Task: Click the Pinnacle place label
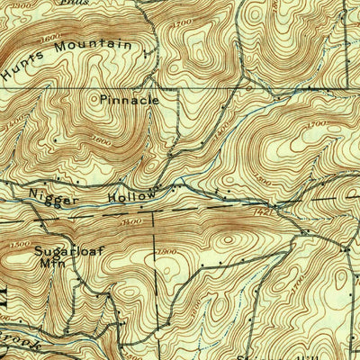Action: click(130, 101)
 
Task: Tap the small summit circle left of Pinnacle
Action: click(94, 101)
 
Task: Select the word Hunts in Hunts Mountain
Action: click(22, 67)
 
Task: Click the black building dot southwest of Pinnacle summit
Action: click(56, 141)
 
